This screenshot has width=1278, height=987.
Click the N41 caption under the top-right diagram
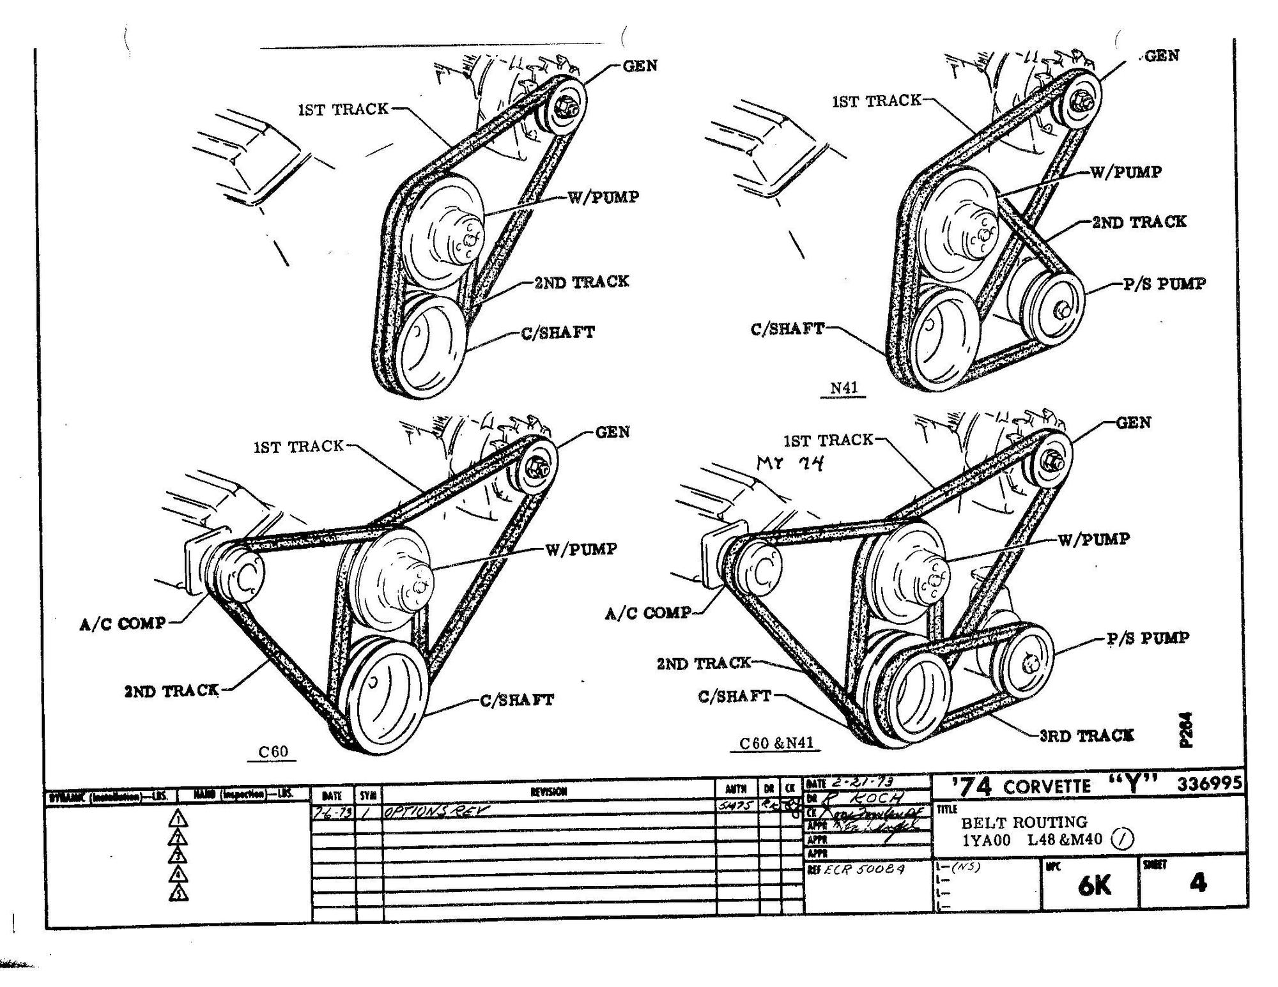(x=843, y=388)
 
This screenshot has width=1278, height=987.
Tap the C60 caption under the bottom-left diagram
(x=273, y=751)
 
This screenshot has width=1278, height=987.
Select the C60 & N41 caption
(x=776, y=743)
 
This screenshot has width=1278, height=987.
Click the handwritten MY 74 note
(x=790, y=463)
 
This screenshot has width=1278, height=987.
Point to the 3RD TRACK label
(x=1086, y=735)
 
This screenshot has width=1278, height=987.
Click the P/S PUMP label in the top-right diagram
(x=1164, y=283)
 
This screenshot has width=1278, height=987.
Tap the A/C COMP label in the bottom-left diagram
(x=122, y=624)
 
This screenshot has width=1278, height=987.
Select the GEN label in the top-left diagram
(x=640, y=66)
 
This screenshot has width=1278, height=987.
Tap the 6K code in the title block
(x=1094, y=885)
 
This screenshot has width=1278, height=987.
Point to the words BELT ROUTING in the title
(x=1024, y=822)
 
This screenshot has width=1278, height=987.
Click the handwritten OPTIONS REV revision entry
(x=435, y=811)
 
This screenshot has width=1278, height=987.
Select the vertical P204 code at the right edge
(x=1187, y=730)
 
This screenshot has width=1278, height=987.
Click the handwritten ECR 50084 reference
(x=864, y=869)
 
